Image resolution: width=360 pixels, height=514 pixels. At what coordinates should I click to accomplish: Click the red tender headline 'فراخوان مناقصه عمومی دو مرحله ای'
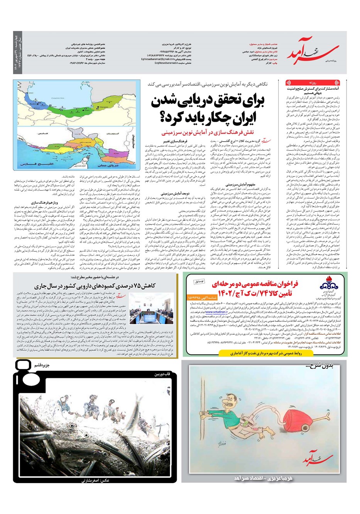266,284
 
